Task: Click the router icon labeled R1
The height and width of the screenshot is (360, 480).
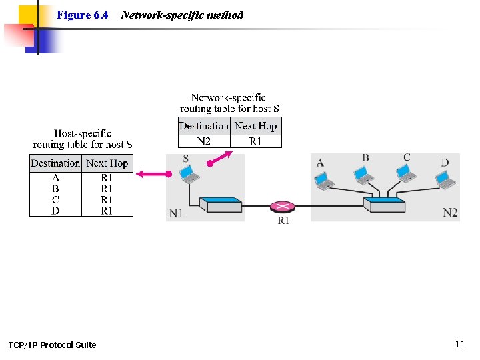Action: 283,206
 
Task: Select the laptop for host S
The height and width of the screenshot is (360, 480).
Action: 190,174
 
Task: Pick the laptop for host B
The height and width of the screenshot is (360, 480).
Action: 363,174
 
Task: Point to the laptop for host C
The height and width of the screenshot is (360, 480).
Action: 405,173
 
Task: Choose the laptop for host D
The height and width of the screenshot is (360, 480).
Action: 445,179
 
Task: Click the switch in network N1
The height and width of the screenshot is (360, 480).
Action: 224,204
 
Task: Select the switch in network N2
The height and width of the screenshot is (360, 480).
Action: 387,204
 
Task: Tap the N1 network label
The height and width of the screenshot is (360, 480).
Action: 176,213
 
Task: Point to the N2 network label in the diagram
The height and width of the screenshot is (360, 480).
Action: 451,213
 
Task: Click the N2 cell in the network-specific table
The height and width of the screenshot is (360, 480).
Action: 204,141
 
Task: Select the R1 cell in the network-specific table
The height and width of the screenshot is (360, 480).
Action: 255,141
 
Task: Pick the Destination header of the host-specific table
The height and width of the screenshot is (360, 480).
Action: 55,163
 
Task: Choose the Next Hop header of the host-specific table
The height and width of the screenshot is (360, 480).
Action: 107,163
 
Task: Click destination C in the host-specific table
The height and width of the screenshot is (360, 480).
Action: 55,199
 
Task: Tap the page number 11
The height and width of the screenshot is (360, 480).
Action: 459,344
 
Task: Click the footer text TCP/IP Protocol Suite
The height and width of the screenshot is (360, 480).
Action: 52,345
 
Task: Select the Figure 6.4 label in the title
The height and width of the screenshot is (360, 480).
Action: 83,15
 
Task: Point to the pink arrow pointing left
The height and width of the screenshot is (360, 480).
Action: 153,174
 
